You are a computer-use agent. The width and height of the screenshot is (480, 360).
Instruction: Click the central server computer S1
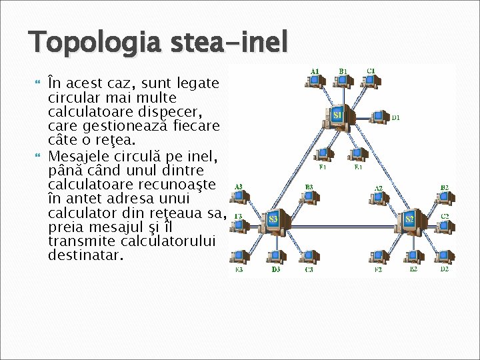coord(338,115)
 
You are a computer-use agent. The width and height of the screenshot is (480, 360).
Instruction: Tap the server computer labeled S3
coord(273,219)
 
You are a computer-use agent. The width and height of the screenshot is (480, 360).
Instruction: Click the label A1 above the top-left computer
coord(315,70)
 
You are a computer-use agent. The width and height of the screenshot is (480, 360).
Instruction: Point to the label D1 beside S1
coord(395,118)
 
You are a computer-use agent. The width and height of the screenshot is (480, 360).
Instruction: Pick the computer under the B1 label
coord(343,81)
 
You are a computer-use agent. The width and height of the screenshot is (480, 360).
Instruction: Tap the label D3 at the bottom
coord(275,269)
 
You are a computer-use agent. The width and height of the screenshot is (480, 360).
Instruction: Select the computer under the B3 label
coord(307,197)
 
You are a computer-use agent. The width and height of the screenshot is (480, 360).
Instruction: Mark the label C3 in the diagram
coord(309,269)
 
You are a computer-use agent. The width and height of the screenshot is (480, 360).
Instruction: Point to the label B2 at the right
coord(444,187)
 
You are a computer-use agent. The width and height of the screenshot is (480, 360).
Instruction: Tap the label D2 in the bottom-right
coord(444,269)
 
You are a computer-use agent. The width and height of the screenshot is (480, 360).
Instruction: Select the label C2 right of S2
coord(445,216)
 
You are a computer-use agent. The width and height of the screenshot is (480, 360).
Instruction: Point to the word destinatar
coord(85,255)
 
